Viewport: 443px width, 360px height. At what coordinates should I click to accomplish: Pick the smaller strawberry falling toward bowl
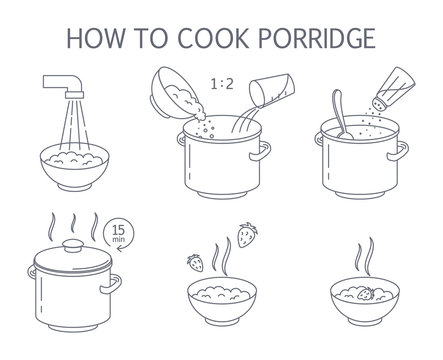196,262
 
